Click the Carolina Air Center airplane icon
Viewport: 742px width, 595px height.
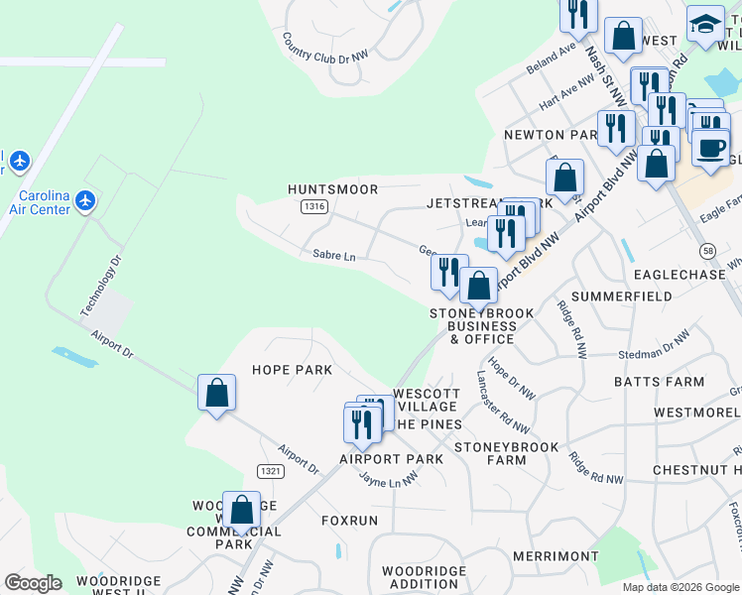pos(86,201)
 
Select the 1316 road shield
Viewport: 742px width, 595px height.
pos(314,206)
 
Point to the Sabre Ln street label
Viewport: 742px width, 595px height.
pos(333,256)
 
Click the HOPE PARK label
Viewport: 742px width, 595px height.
pos(292,370)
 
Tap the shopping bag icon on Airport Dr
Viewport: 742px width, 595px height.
pos(216,393)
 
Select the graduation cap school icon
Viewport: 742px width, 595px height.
pos(706,25)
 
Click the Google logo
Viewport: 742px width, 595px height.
pos(34,583)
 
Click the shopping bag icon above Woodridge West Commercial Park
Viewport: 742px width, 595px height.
pos(241,511)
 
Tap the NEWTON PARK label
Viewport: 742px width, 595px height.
pos(548,135)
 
